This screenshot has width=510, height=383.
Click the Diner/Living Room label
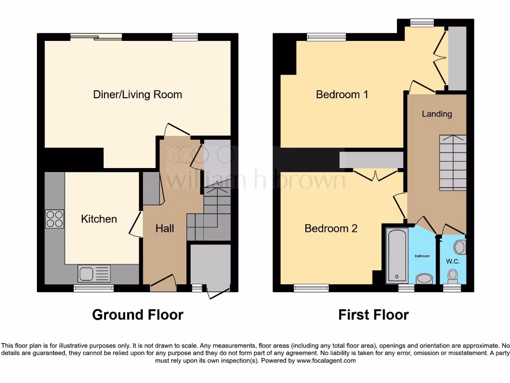137,95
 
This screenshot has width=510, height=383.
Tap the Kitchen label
99,219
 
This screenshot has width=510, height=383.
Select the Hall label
164,228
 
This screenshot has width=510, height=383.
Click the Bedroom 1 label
342,95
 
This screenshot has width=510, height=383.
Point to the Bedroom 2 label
331,228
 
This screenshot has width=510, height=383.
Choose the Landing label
437,114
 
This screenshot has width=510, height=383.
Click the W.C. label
453,261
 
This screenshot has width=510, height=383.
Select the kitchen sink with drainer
94,273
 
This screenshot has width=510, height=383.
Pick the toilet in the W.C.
453,275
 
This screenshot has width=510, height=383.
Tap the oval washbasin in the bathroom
424,278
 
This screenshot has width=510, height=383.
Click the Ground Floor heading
138,315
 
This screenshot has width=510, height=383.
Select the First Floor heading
374,315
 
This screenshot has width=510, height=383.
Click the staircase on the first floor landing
453,163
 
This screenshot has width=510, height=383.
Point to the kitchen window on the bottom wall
94,288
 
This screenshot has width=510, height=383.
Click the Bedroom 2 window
311,288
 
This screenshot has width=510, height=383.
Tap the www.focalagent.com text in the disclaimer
326,361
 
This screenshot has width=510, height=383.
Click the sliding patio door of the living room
96,36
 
